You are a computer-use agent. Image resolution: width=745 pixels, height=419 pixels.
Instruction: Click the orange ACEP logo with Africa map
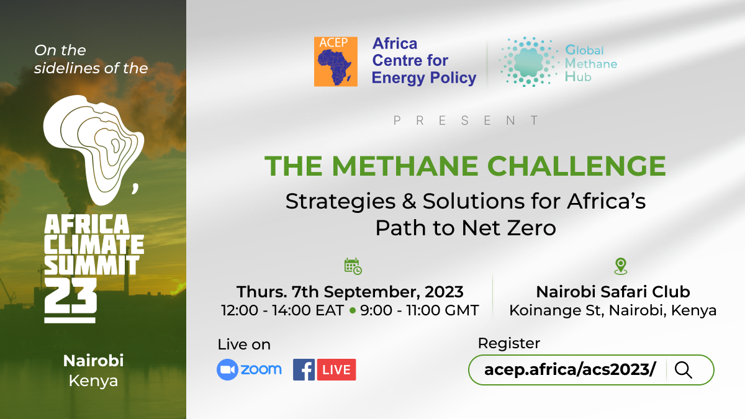[335, 61]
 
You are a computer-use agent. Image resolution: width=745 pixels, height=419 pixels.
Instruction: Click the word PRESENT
[466, 121]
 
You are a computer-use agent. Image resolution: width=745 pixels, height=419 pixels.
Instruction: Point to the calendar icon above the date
[353, 266]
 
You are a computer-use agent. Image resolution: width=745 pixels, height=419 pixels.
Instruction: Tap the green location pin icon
[620, 266]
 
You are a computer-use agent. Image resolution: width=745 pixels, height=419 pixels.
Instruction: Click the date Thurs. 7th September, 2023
[350, 291]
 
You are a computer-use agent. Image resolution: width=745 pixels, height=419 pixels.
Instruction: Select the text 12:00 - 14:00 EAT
[282, 310]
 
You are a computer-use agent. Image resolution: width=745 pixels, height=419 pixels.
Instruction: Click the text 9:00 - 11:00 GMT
[420, 310]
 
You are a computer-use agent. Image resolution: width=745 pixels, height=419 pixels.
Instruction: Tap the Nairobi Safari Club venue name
[613, 291]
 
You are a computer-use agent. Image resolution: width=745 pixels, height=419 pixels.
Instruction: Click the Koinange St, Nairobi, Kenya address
[613, 310]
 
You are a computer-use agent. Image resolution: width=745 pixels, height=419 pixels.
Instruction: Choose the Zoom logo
[249, 369]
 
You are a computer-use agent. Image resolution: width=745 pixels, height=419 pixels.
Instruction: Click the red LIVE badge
[336, 370]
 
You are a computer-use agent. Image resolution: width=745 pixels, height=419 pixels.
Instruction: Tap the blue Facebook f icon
[304, 370]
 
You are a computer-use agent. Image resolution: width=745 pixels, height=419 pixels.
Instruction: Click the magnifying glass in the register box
[683, 370]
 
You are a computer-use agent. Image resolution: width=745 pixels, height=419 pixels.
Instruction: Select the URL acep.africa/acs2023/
[570, 370]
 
